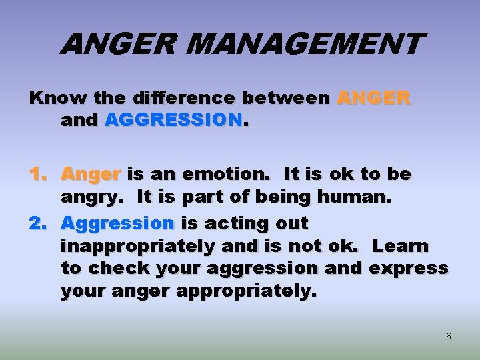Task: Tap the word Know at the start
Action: click(51, 98)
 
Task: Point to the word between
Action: click(286, 98)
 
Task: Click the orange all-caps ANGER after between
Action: click(374, 98)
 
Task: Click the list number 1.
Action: click(39, 175)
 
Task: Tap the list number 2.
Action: click(39, 223)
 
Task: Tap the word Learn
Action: click(400, 246)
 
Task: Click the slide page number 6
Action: click(448, 337)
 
